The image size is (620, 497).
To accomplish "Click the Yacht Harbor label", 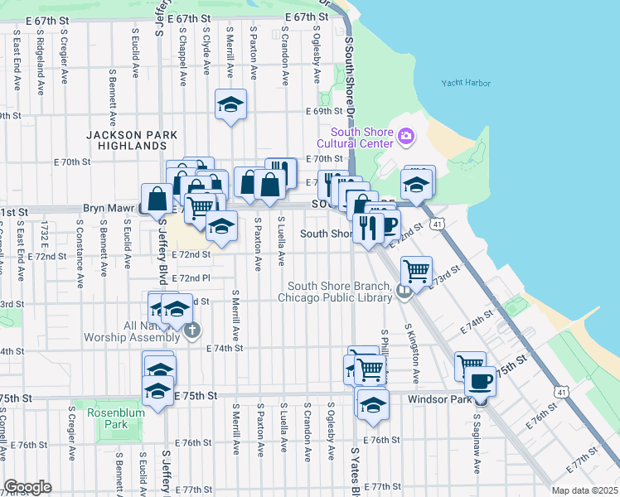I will (466, 84).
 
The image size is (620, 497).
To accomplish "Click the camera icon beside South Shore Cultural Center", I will (405, 135).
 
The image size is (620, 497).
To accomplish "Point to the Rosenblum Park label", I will (100, 417).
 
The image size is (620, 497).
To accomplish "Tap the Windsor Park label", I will (438, 398).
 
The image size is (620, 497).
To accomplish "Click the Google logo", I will (27, 487).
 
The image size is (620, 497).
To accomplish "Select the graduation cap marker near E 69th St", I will (230, 105).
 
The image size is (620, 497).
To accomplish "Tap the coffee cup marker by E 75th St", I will (480, 381).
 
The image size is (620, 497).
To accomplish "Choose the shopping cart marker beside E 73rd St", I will (416, 269).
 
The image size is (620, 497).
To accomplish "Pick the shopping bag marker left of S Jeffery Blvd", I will (157, 199).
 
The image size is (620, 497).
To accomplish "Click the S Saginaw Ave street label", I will (477, 444).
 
